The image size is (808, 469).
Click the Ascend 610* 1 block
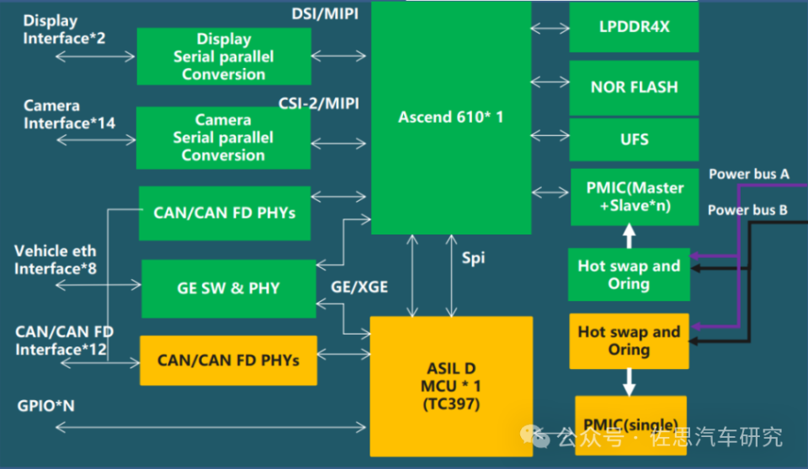(x=450, y=118)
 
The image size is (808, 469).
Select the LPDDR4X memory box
(x=634, y=27)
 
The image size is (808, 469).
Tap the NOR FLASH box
(x=634, y=87)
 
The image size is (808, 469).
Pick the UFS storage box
(x=634, y=140)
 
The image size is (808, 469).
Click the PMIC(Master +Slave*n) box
(x=634, y=197)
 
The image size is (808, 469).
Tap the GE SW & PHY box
(x=228, y=288)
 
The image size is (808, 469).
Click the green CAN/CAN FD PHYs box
(x=225, y=213)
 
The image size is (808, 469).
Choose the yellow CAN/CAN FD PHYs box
(x=227, y=360)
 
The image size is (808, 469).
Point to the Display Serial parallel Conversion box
(x=224, y=56)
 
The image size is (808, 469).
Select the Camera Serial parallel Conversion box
(x=224, y=138)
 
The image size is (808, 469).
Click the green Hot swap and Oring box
(x=629, y=275)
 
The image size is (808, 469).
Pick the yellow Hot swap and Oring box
(x=629, y=340)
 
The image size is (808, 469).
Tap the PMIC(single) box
(x=628, y=424)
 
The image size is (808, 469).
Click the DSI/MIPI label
(x=325, y=14)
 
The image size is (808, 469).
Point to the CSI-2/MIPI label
(x=319, y=103)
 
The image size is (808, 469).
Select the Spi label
(x=473, y=258)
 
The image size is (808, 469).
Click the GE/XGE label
(x=359, y=287)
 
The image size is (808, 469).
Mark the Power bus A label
(x=748, y=174)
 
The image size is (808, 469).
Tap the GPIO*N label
(x=46, y=406)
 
